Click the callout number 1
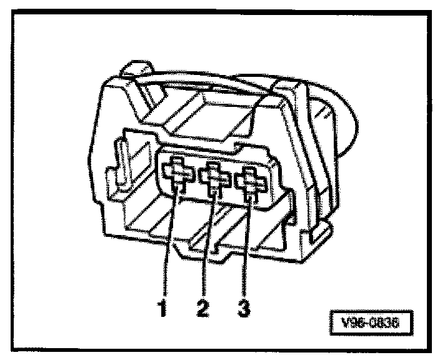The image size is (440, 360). click(162, 307)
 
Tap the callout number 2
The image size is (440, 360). click(202, 307)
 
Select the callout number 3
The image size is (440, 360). click(244, 307)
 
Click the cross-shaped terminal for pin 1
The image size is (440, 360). click(178, 174)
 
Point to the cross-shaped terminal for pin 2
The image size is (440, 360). click(214, 177)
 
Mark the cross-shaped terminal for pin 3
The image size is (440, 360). click(251, 182)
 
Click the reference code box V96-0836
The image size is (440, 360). click(371, 322)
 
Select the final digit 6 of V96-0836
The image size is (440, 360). click(394, 323)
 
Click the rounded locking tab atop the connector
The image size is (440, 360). click(137, 69)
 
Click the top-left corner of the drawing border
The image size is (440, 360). click(12, 11)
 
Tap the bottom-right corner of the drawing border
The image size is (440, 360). click(431, 351)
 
